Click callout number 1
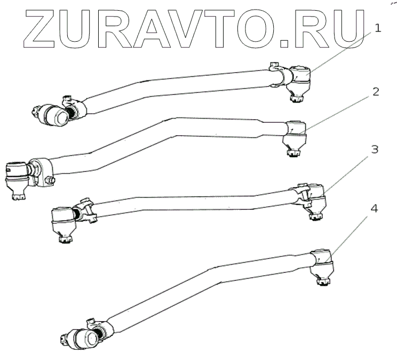click(378, 28)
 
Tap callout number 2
click(376, 91)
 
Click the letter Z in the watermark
click(34, 26)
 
